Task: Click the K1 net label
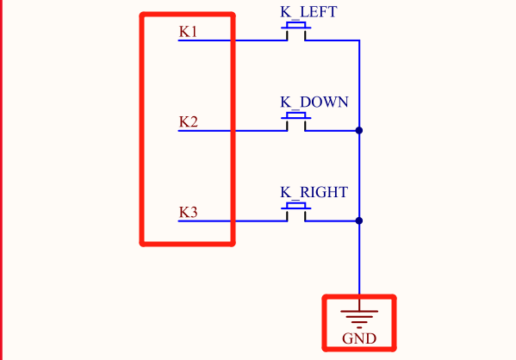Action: pos(188,32)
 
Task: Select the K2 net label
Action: pos(189,121)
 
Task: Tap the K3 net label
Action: pos(189,212)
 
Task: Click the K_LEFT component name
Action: pos(308,12)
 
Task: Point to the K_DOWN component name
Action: pos(314,102)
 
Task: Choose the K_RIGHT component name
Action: pos(314,193)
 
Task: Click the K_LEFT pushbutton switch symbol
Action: pos(296,31)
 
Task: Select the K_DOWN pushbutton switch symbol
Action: pos(296,121)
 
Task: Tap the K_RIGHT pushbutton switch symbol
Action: pos(296,212)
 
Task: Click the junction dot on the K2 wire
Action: pos(359,131)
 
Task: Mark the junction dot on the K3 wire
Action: pos(359,220)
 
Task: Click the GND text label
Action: pos(359,338)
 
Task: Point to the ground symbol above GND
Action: pos(359,315)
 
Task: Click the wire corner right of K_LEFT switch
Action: pos(359,40)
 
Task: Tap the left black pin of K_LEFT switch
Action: pos(287,35)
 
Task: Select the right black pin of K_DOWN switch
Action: pos(305,126)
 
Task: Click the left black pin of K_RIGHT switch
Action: pos(287,216)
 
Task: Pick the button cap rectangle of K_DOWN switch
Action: pos(296,115)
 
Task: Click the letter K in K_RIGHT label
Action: pos(286,193)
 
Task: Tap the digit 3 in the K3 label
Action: pos(193,212)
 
